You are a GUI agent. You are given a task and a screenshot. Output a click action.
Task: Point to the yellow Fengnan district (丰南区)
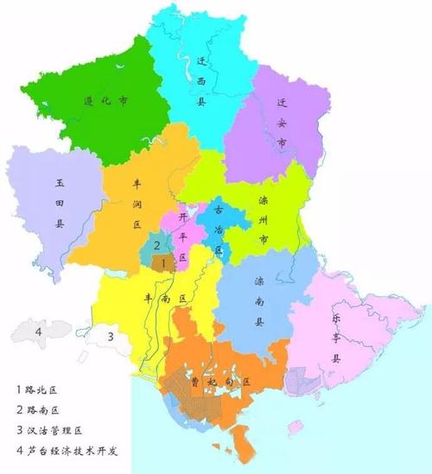click(x=156, y=298)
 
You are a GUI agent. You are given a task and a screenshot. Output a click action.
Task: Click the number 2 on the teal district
click(x=156, y=245)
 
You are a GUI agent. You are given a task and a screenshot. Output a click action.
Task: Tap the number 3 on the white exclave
click(x=111, y=336)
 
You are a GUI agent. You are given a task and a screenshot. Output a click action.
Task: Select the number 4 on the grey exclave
click(x=38, y=330)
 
